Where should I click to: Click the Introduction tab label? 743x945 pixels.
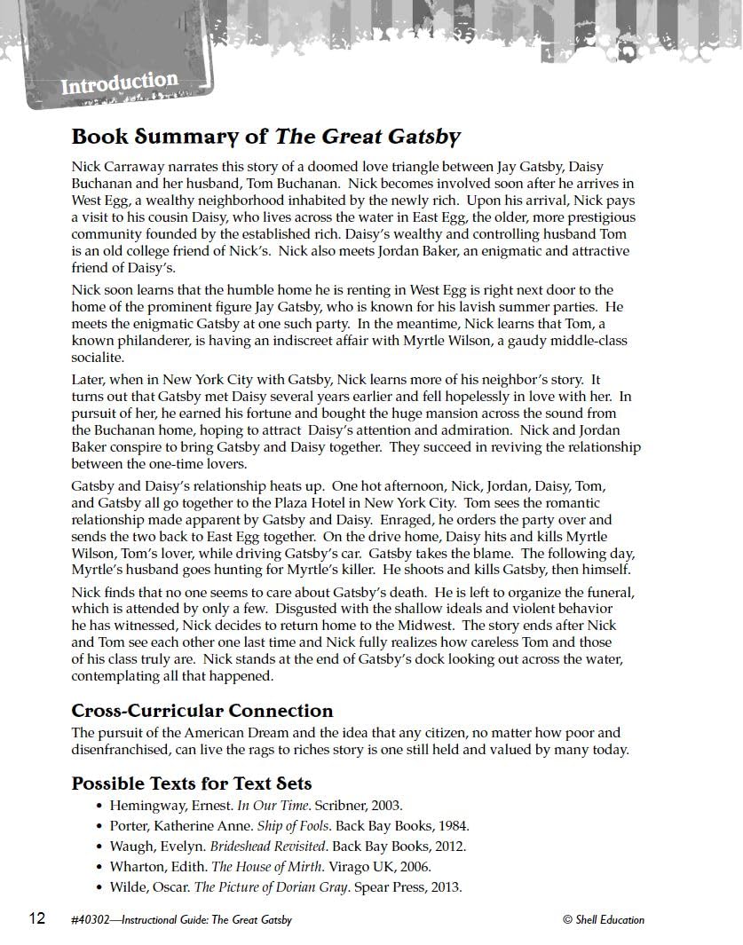click(x=119, y=84)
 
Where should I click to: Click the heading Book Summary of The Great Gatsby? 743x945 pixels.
click(x=265, y=137)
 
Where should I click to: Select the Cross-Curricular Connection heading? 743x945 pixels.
click(x=202, y=711)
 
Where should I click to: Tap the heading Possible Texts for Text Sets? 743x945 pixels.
click(x=191, y=784)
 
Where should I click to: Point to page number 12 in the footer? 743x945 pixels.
click(x=36, y=918)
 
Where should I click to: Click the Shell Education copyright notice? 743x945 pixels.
click(x=604, y=919)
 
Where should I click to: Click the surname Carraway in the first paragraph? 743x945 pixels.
click(x=138, y=167)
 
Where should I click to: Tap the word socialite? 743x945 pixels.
click(x=97, y=358)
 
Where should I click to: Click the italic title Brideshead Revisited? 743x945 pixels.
click(x=266, y=847)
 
